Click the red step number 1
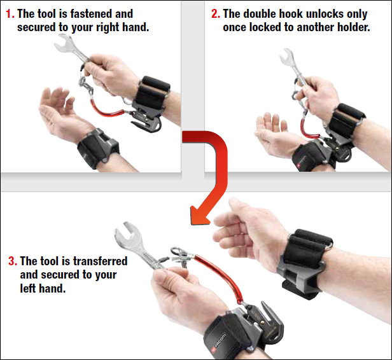point(10,14)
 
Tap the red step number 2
point(216,14)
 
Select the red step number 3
point(13,261)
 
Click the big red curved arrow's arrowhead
point(200,215)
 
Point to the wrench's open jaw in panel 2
point(286,57)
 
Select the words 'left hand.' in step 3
point(43,288)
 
